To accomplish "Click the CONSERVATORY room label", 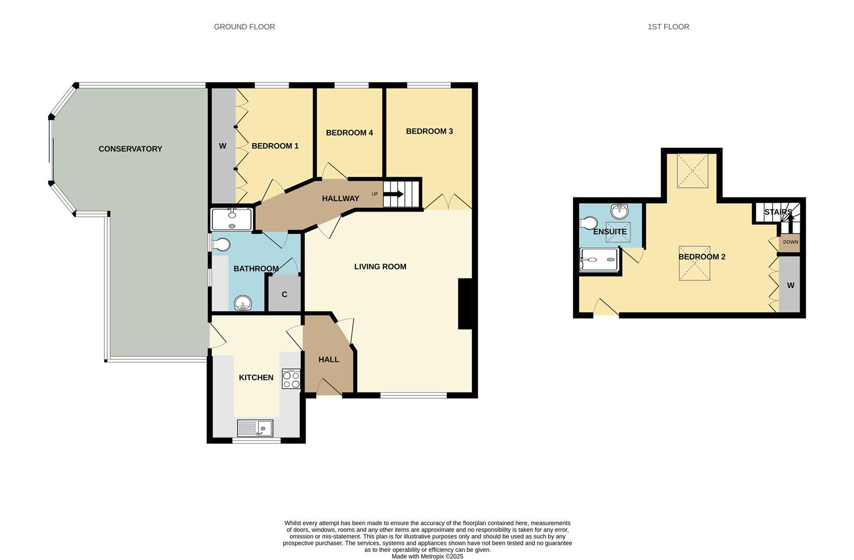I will (x=130, y=149).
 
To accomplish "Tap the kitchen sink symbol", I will (x=255, y=428).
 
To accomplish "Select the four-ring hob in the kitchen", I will (x=291, y=379).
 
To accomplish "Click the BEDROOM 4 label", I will (x=349, y=133).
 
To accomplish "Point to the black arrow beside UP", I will (x=394, y=194).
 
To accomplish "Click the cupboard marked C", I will (x=284, y=295).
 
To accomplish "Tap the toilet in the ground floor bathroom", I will (x=221, y=244).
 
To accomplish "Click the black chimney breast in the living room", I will (x=465, y=304).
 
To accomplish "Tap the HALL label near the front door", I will (x=329, y=359).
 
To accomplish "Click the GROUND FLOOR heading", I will (x=244, y=26).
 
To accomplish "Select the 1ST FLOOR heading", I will (x=668, y=26).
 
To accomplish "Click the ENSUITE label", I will (x=610, y=232).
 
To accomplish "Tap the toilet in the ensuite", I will (x=587, y=223).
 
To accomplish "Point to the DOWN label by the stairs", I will (x=791, y=242).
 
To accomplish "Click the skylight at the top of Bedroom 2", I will (x=692, y=171).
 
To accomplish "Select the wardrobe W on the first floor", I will (x=791, y=285).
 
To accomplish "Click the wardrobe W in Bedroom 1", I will (x=222, y=146).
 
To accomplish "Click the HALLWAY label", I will (x=340, y=199).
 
